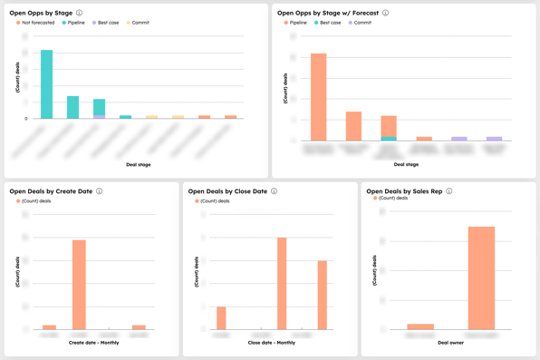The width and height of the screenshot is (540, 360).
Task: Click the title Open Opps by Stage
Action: click(x=41, y=13)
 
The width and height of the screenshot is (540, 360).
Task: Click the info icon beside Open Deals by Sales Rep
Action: click(x=448, y=191)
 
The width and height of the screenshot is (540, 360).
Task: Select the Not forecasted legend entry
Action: click(x=35, y=23)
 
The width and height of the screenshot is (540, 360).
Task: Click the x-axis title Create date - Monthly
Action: click(x=93, y=343)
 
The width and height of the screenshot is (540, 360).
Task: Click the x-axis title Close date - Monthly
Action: click(x=272, y=343)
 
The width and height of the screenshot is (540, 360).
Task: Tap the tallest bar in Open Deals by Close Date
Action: click(x=282, y=283)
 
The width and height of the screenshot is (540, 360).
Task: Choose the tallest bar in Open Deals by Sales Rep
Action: click(x=481, y=277)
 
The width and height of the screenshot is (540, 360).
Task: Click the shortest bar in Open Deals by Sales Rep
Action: click(x=420, y=326)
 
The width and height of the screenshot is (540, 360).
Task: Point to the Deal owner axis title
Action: click(x=450, y=343)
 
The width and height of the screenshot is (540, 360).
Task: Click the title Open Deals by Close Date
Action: click(x=227, y=191)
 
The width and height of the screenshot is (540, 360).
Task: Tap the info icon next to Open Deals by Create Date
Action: click(x=100, y=191)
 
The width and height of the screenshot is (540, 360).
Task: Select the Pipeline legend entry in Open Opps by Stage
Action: click(x=73, y=23)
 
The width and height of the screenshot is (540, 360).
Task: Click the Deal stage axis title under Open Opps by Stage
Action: click(x=139, y=164)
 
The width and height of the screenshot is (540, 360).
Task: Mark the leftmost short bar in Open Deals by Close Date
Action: click(x=222, y=318)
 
